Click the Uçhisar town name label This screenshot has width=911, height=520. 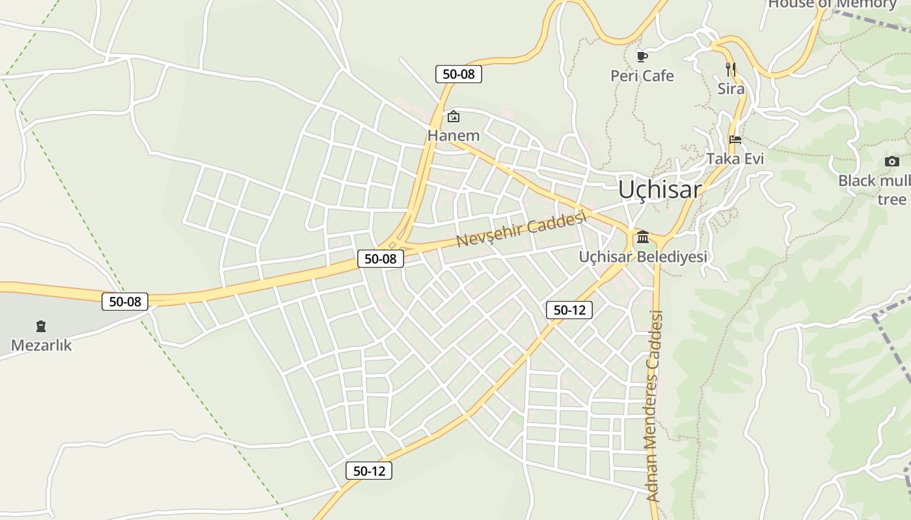(x=659, y=189)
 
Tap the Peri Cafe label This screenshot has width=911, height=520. (x=642, y=76)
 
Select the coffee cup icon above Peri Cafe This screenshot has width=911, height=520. (x=642, y=57)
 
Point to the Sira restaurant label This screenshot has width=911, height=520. (x=730, y=88)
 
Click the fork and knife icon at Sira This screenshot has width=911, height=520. (x=731, y=69)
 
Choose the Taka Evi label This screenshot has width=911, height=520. (x=735, y=159)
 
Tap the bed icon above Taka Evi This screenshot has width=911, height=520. (x=735, y=139)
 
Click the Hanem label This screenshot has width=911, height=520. (x=453, y=136)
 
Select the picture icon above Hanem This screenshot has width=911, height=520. (x=453, y=117)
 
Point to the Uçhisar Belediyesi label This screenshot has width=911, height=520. (x=642, y=257)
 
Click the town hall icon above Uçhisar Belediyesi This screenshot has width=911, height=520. (x=643, y=237)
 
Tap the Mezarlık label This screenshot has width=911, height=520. (x=41, y=345)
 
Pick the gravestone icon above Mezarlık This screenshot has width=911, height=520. (x=41, y=326)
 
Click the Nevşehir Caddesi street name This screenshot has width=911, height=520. (x=521, y=229)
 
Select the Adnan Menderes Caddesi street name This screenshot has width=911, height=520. (x=655, y=406)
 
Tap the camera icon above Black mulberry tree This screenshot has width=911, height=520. (x=891, y=161)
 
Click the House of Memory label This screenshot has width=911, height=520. (x=832, y=4)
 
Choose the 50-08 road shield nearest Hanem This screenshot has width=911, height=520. (x=458, y=74)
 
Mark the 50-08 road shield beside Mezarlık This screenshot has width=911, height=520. (x=125, y=302)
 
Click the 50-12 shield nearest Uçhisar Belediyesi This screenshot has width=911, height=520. (x=569, y=310)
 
